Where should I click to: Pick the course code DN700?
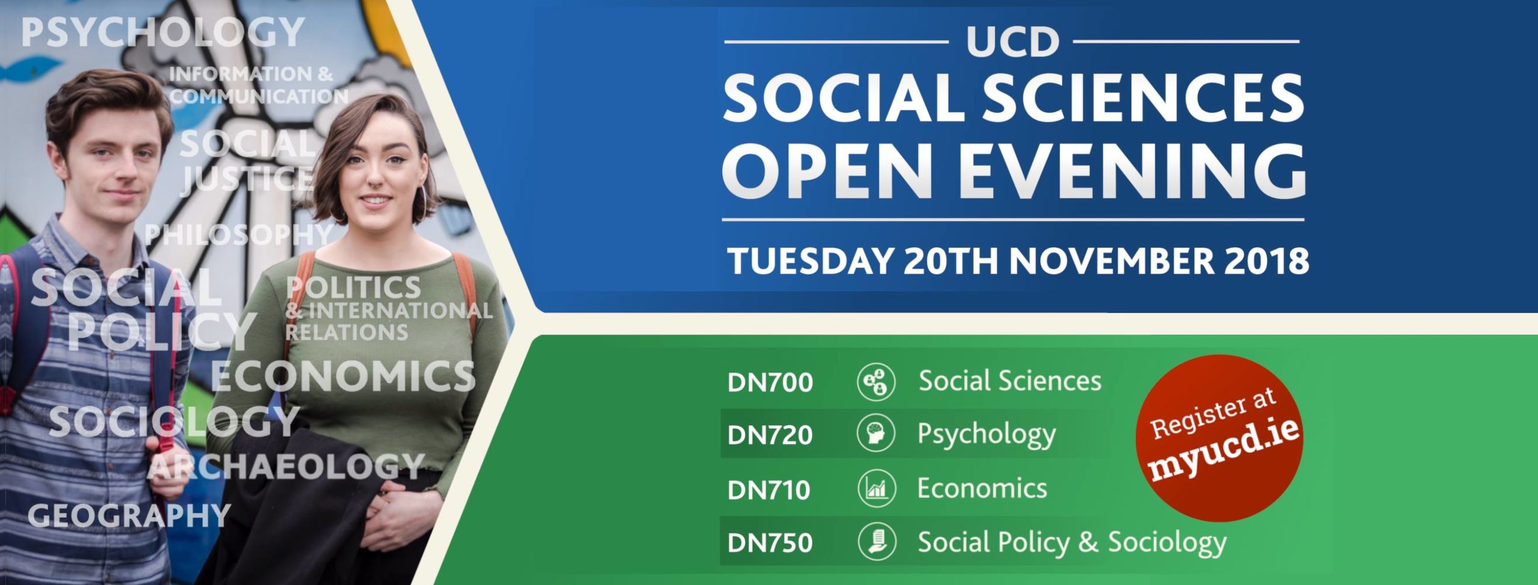coord(770,383)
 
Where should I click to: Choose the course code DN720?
coord(770,435)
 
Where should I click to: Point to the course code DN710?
coord(769,490)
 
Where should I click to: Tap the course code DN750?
coord(770,543)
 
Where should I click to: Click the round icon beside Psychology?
coord(877,433)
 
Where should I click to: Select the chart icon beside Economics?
coord(877,488)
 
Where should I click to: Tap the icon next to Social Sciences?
coord(876,381)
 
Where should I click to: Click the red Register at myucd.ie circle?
coord(1219,438)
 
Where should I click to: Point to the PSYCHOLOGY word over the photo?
coord(163,32)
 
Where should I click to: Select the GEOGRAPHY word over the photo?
coord(129,515)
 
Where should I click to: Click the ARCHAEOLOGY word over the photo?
coord(286,467)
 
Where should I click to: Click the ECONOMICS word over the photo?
coord(343,377)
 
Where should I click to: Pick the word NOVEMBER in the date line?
coord(1111,261)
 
